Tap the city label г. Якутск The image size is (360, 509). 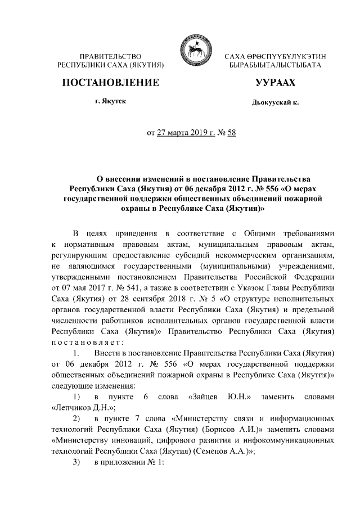pyautogui.click(x=111, y=101)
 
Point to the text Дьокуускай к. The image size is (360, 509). pyautogui.click(x=275, y=102)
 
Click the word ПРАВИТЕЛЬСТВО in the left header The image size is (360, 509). pyautogui.click(x=110, y=57)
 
